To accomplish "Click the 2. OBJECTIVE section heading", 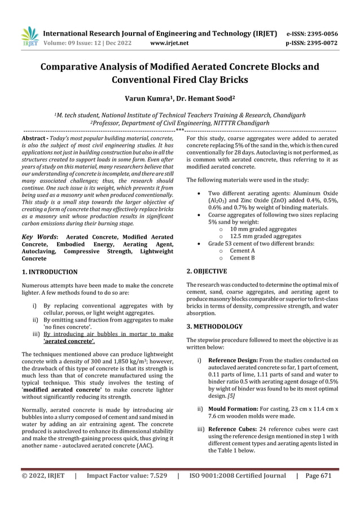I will pos(207,271).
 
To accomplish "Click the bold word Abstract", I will pos(33,138).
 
